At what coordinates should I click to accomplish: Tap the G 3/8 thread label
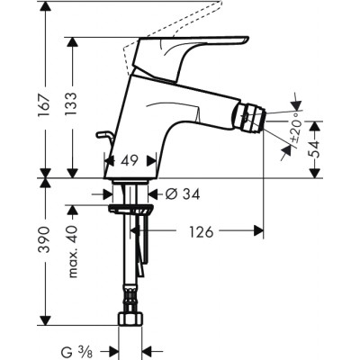[92, 351]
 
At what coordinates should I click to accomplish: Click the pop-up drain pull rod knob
[101, 137]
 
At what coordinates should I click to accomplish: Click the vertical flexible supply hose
[135, 270]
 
